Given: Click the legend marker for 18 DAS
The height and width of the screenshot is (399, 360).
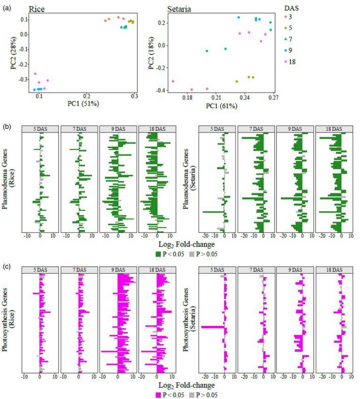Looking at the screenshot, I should pyautogui.click(x=286, y=61).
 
